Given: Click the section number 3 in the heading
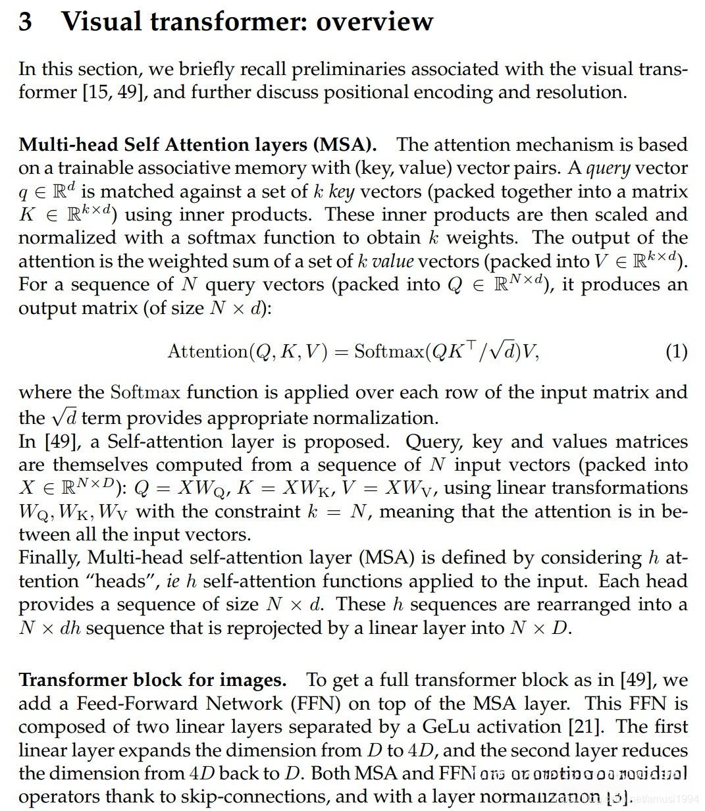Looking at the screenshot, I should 26,22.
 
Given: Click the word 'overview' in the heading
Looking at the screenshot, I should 375,22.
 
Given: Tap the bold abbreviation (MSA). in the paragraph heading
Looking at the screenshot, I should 345,145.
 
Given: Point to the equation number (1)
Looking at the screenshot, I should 677,351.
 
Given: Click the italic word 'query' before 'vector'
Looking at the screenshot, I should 609,169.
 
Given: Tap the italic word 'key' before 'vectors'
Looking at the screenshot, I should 341,192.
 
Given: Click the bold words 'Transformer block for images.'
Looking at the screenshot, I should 153,680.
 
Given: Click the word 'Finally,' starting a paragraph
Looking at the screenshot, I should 50,558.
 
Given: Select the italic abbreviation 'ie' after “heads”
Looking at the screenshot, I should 174,582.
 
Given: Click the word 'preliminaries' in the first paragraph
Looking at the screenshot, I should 356,69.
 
